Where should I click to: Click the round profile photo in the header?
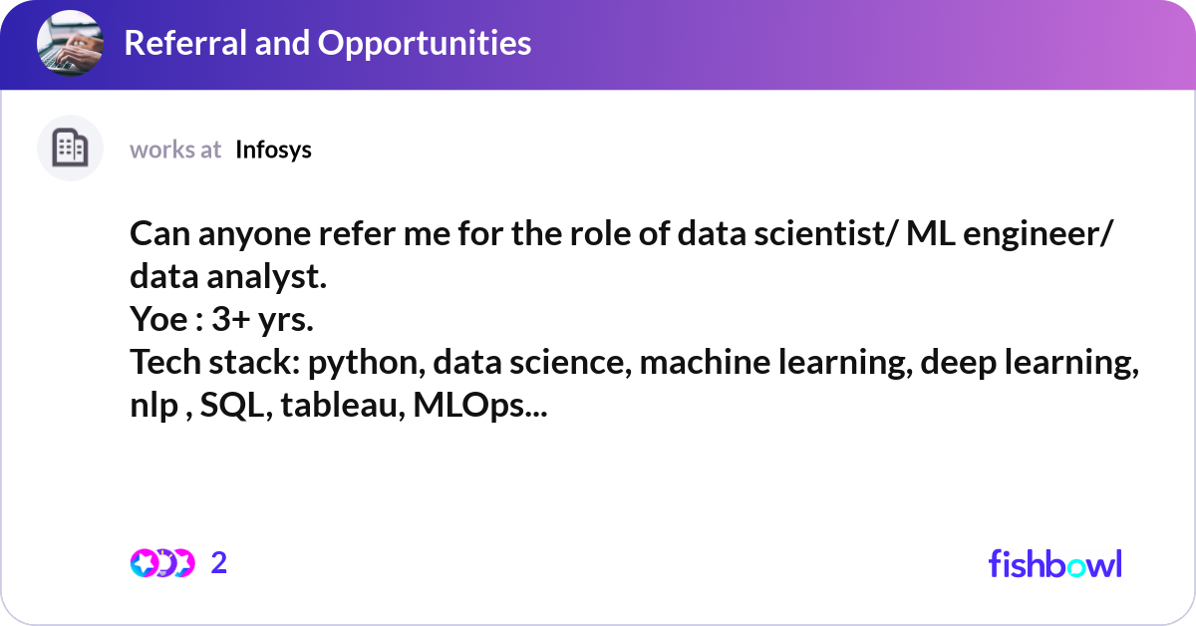pyautogui.click(x=70, y=43)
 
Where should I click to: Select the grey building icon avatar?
pyautogui.click(x=70, y=149)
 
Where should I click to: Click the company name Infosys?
pyautogui.click(x=273, y=150)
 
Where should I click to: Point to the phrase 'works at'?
pyautogui.click(x=175, y=150)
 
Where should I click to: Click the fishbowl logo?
pyautogui.click(x=1054, y=563)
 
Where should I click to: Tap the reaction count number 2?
pyautogui.click(x=219, y=563)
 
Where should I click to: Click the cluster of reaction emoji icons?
pyautogui.click(x=161, y=563)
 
